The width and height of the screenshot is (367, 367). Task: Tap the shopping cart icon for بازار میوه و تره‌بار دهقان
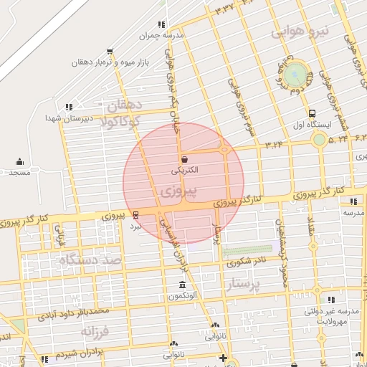click(109, 51)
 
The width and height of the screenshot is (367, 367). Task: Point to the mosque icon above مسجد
click(19, 161)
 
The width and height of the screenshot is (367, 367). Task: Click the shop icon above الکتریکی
click(186, 159)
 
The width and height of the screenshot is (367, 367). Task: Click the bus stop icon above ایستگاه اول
click(312, 113)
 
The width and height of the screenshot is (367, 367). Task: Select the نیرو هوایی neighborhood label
click(300, 32)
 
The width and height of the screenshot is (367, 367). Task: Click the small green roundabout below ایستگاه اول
click(320, 139)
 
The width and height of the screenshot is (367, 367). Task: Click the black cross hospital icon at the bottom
click(224, 358)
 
